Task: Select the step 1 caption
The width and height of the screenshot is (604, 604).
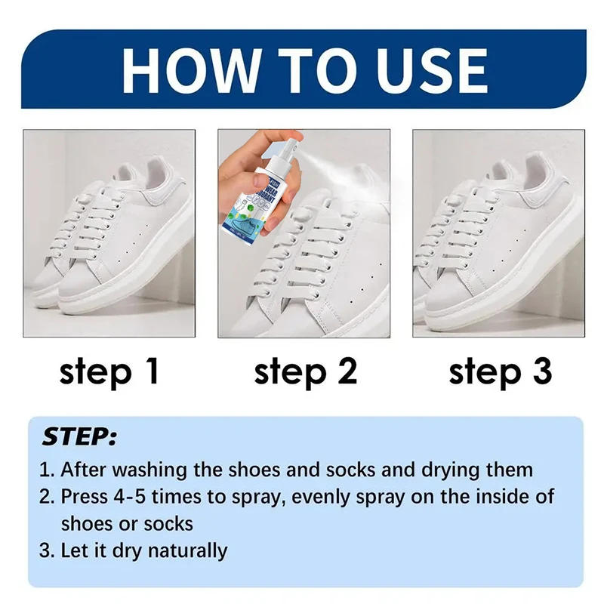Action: click(109, 373)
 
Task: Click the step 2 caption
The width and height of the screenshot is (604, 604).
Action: click(304, 373)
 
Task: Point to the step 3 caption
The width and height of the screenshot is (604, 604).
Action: click(500, 373)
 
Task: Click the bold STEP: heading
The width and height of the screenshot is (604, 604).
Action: click(79, 437)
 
